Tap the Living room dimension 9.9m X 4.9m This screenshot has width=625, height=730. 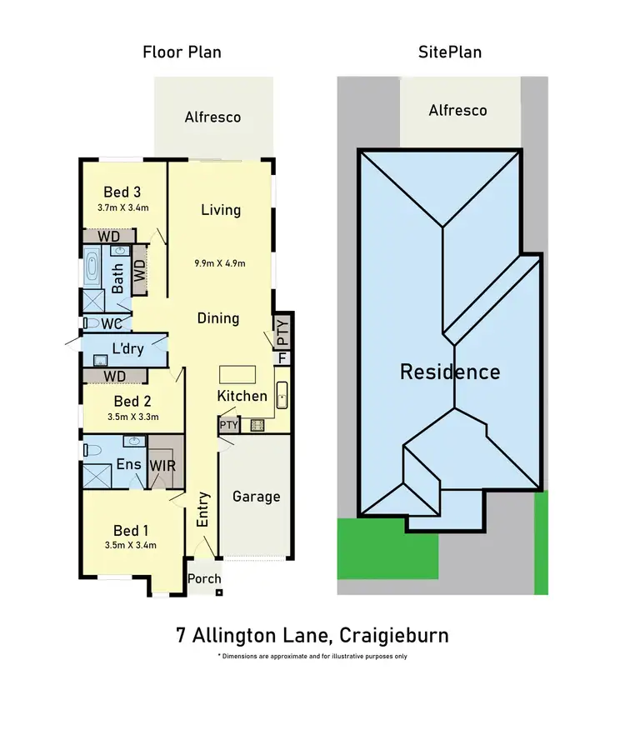[x=220, y=263]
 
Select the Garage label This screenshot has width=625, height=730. [x=256, y=497]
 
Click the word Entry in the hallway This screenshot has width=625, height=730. [x=202, y=509]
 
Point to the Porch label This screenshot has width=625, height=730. [x=204, y=579]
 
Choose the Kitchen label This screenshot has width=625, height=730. [x=242, y=396]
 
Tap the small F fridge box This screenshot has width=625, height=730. [x=282, y=357]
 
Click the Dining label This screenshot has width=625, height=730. [x=218, y=318]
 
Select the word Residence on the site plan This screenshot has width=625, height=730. [x=450, y=372]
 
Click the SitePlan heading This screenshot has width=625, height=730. [x=449, y=52]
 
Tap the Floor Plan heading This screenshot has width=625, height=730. [x=181, y=52]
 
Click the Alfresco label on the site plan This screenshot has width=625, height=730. [x=457, y=110]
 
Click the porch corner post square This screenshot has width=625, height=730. [x=218, y=592]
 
